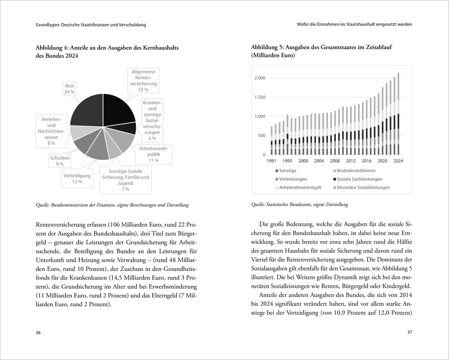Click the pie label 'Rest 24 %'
click(x=69, y=89)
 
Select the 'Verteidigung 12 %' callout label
click(x=78, y=178)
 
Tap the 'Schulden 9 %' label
click(x=60, y=161)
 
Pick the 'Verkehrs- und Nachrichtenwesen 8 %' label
click(x=51, y=131)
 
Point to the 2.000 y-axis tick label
click(x=260, y=78)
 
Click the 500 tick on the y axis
click(x=261, y=136)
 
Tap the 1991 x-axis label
click(x=271, y=161)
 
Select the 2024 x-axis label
click(x=398, y=161)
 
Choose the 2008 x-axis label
click(x=335, y=161)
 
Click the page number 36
click(x=38, y=333)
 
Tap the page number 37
click(x=409, y=333)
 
